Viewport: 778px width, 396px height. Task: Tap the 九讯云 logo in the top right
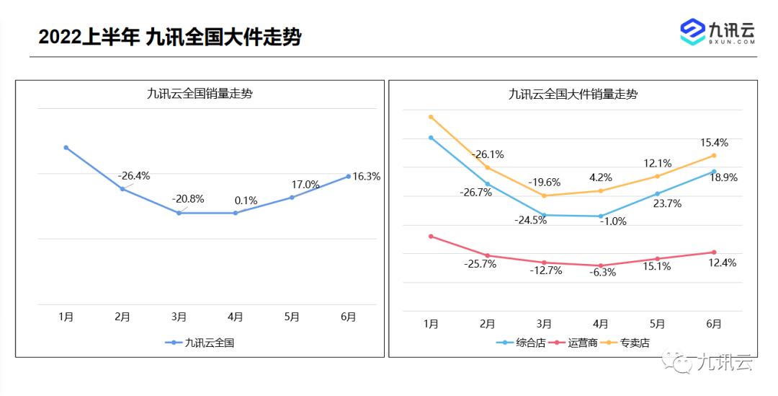(x=717, y=32)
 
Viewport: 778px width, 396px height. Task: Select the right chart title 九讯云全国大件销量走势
(x=573, y=94)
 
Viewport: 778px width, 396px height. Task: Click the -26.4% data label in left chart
(x=134, y=175)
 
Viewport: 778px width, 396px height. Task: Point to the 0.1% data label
(x=246, y=201)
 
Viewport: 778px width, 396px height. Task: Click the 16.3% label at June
(x=367, y=176)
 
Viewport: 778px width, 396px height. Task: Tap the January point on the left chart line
(x=66, y=148)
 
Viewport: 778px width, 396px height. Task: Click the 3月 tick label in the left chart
(x=179, y=316)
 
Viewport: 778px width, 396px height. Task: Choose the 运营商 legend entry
(x=574, y=343)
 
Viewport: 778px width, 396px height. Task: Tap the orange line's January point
(x=431, y=117)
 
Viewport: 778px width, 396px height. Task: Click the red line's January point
(x=431, y=236)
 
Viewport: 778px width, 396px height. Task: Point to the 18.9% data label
(x=723, y=177)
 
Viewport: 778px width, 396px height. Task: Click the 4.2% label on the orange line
(x=601, y=177)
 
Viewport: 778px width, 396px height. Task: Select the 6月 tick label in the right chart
(x=713, y=324)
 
